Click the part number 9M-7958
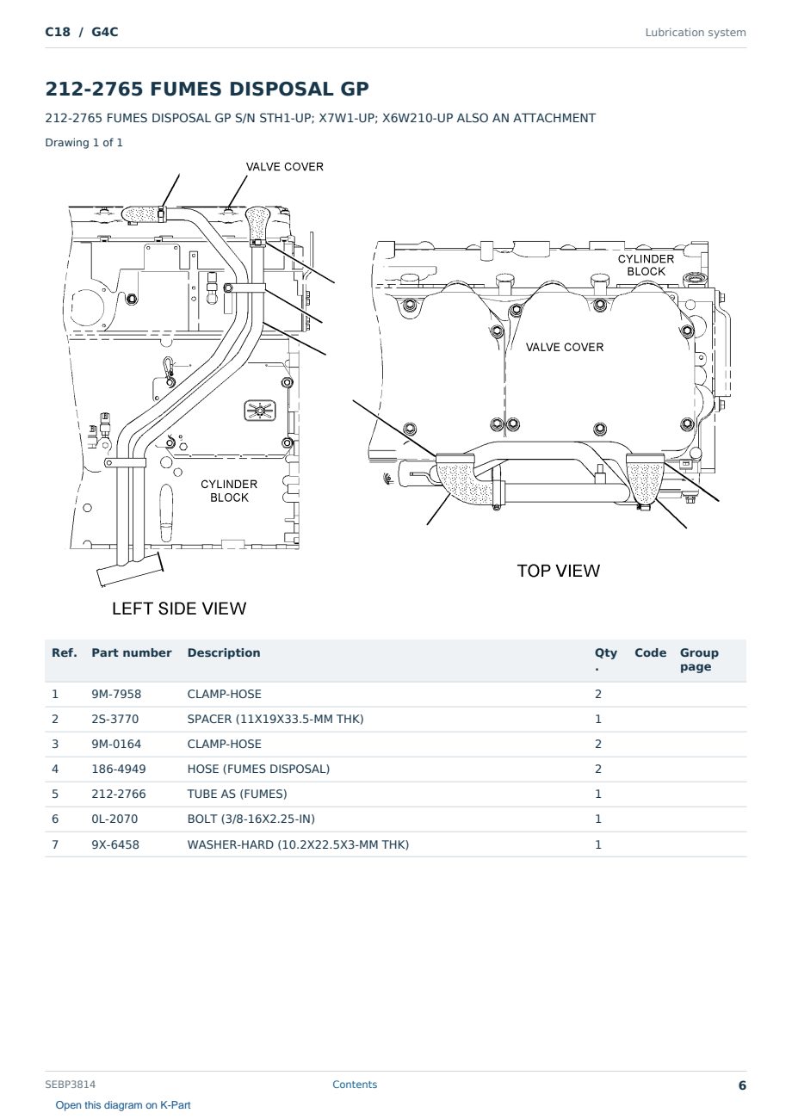click(x=116, y=694)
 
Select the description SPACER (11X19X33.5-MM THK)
click(x=275, y=719)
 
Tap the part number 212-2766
click(x=119, y=794)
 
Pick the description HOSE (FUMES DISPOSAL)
click(x=258, y=769)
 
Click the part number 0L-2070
click(x=115, y=819)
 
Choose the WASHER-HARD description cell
click(x=298, y=844)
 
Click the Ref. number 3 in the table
click(x=55, y=744)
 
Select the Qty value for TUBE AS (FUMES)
click(x=598, y=794)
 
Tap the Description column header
click(x=224, y=652)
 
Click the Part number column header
click(x=132, y=652)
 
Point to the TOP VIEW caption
click(x=558, y=571)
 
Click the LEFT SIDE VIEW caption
click(x=179, y=609)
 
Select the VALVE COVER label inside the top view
click(x=564, y=347)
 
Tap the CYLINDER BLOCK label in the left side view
click(x=229, y=491)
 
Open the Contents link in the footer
click(x=355, y=1085)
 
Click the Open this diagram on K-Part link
click(x=123, y=1105)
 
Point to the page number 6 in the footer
click(x=742, y=1085)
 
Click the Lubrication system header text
click(x=696, y=33)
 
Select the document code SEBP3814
click(x=71, y=1085)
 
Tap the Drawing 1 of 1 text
click(x=84, y=142)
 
